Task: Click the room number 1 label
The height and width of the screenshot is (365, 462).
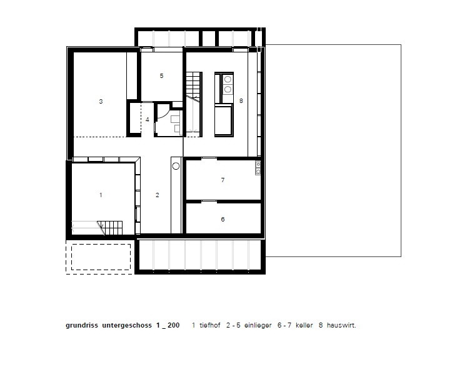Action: [101, 195]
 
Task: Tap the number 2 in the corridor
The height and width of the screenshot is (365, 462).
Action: [158, 195]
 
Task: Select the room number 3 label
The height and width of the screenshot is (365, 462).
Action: [101, 102]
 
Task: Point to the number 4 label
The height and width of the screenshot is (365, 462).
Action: [148, 119]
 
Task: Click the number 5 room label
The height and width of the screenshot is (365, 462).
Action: [161, 76]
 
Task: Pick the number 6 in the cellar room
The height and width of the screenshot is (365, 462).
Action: [223, 219]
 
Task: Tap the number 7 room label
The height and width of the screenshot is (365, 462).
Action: [223, 180]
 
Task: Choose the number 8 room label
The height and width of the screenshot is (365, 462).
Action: [241, 101]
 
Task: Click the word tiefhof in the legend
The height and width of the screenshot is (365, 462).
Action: [210, 325]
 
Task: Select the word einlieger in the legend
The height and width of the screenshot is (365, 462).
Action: [258, 326]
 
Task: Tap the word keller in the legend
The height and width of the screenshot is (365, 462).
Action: [304, 325]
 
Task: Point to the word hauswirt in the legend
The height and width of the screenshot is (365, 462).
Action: [341, 325]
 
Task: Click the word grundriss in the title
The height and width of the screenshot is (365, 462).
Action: [82, 326]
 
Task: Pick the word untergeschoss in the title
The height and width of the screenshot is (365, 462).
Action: [127, 326]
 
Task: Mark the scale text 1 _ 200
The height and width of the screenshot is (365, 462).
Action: [168, 325]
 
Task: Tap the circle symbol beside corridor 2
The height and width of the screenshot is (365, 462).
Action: [176, 166]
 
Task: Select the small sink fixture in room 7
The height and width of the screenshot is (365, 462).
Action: [258, 168]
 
